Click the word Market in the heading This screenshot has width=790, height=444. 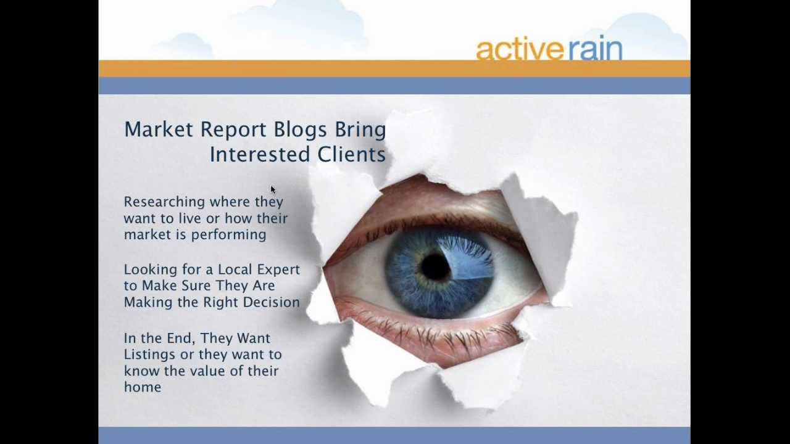(x=159, y=129)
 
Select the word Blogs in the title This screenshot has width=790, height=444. (x=300, y=130)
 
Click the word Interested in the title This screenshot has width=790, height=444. (x=260, y=154)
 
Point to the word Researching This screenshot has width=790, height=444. (x=164, y=202)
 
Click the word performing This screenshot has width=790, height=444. (x=228, y=235)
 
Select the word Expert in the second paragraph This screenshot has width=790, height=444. (x=278, y=270)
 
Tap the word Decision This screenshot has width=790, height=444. (x=271, y=302)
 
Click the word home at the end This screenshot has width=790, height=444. (x=143, y=387)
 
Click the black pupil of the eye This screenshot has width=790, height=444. (x=436, y=267)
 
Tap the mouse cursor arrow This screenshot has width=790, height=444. (x=273, y=190)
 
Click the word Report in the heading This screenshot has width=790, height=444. (x=233, y=130)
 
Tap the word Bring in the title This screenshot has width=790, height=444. (x=360, y=130)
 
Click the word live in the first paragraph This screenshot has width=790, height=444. (x=186, y=218)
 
